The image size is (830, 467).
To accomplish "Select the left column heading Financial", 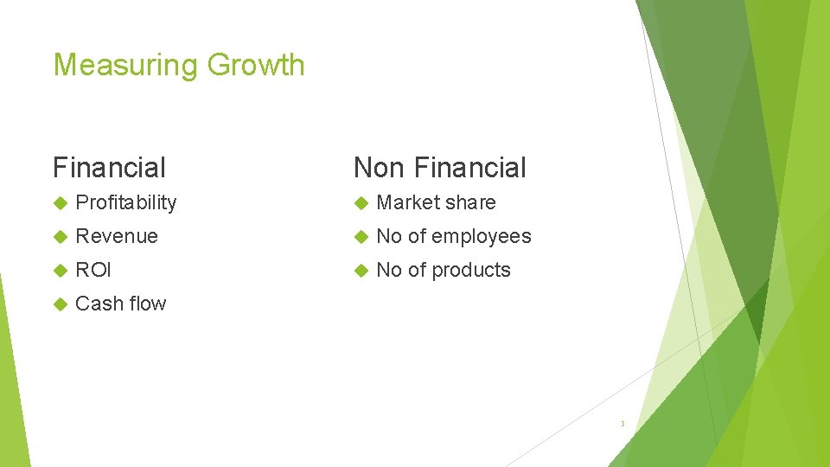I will coord(109,167).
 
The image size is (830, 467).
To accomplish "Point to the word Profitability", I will coord(126,202).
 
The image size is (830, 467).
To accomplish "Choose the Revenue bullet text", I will coord(117,236).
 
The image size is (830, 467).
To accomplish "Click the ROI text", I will coord(93,270).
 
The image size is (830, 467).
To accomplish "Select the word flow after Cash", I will coord(147,304).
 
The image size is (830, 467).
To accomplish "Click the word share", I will coord(469,202).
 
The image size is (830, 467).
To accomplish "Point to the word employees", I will coord(482,236).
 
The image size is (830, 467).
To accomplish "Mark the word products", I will coord(471,270).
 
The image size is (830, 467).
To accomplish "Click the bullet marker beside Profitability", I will coord(60,203).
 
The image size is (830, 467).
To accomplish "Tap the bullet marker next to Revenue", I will coord(60,237).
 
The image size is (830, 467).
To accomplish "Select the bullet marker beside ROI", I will coord(60,271).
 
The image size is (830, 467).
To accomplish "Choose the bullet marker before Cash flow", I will coord(60,304).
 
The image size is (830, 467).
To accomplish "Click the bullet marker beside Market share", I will coord(361,203).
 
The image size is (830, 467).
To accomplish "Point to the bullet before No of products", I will coord(361,271).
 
